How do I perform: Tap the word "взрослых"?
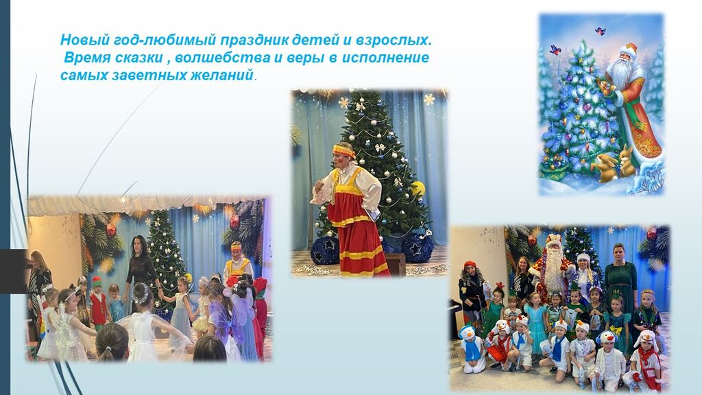coord(394,40)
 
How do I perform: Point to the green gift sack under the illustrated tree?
coord(551,169)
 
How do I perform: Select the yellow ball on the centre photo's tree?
coord(418,189)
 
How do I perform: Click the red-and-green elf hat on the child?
coord(97,282)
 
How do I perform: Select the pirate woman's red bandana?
coord(470,264)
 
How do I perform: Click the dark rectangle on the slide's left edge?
coord(13,271)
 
